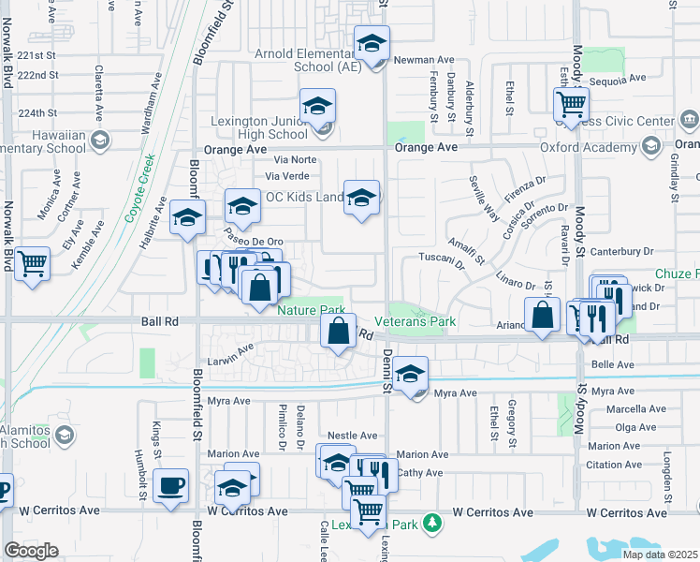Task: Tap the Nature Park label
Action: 311,309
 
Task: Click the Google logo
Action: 31,551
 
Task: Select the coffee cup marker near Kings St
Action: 170,485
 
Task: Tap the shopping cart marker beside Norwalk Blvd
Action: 32,263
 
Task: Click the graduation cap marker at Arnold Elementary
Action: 372,44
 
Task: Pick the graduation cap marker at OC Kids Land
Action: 361,198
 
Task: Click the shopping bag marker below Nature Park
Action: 338,331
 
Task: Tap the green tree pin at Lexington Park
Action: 431,522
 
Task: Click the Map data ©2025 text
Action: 658,554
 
